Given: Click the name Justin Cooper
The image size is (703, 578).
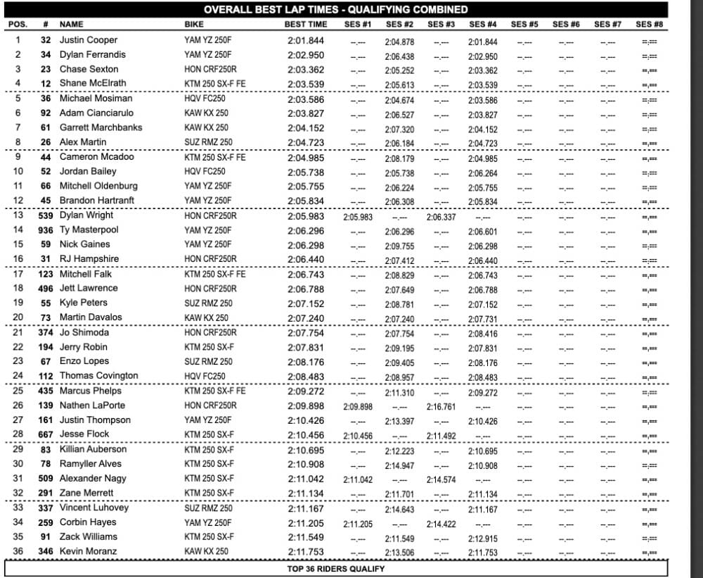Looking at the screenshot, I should (88, 40).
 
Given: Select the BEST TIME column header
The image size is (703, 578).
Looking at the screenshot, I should (306, 24).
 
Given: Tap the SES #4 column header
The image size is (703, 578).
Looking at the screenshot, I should (482, 24).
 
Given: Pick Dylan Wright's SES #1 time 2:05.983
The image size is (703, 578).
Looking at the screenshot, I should (358, 217).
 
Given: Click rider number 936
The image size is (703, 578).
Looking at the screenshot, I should (46, 230).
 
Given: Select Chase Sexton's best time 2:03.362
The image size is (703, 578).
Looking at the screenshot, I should (306, 70).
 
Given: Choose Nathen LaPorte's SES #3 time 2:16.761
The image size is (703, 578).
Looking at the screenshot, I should (441, 406).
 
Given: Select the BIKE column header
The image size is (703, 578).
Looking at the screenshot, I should (194, 24).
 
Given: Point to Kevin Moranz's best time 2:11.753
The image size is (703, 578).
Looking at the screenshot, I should (306, 551).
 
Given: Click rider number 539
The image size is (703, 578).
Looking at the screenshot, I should (46, 215).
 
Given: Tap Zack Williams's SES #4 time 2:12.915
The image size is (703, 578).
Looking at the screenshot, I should (482, 538).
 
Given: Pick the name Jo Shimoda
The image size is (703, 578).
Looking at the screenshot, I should (84, 332).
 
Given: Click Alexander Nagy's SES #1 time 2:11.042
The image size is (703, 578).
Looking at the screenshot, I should (358, 479).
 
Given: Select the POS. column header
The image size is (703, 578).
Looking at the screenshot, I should (18, 24).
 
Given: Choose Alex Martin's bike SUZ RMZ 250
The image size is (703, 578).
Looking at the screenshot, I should (208, 143).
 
